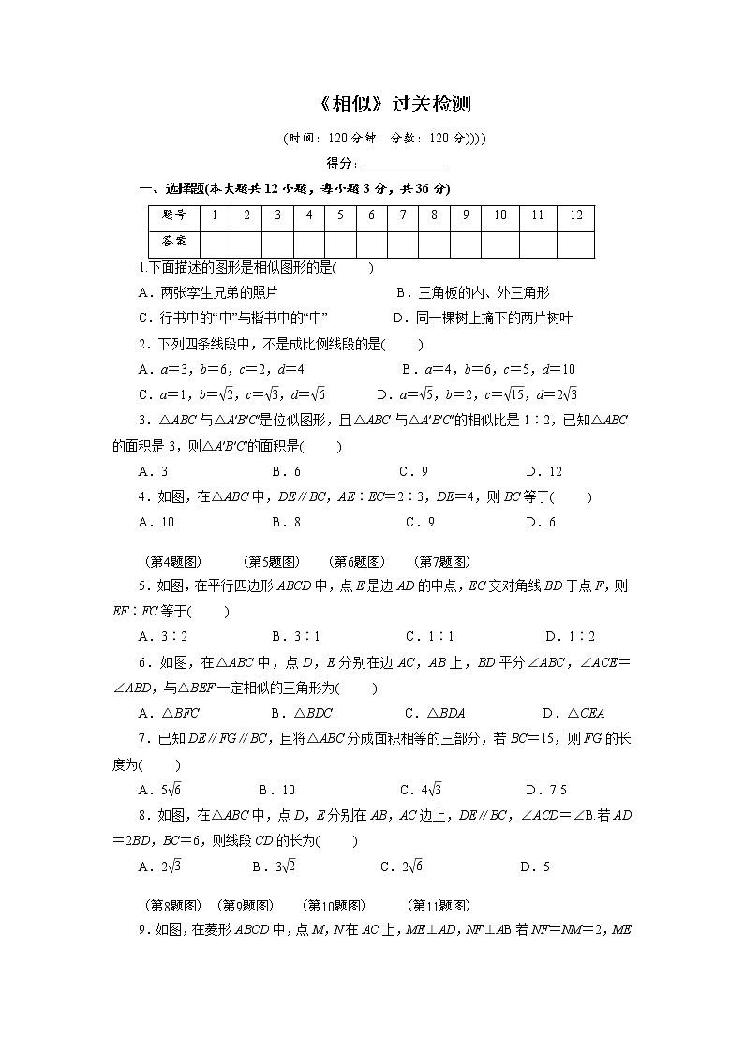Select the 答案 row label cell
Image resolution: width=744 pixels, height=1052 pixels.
(174, 243)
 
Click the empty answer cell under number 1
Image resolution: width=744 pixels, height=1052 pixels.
(216, 243)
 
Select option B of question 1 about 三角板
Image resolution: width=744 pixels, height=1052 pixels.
(472, 293)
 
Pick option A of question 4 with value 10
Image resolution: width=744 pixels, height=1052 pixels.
(156, 523)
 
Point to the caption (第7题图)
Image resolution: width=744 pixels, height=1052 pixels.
(441, 562)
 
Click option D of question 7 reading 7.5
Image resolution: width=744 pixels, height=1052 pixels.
(546, 791)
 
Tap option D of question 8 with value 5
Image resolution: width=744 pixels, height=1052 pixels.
(535, 867)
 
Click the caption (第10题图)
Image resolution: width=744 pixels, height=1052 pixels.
(335, 906)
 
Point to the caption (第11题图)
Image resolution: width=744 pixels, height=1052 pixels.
(439, 906)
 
